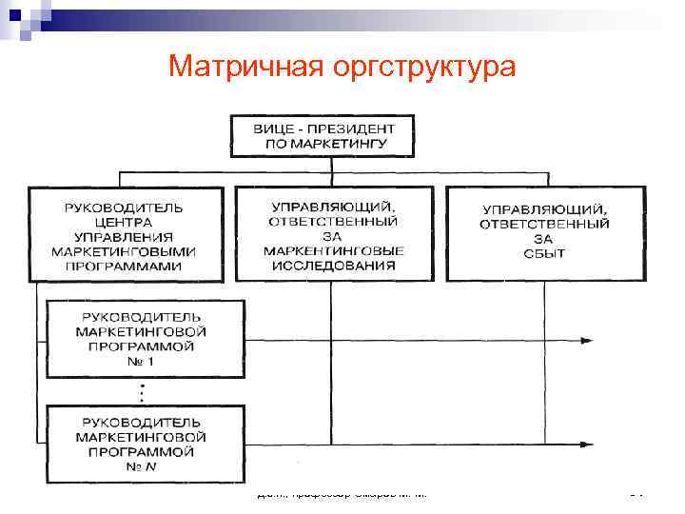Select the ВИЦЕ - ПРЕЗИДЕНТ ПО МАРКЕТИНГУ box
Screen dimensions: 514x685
point(324,135)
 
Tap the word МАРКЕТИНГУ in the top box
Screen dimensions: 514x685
point(324,145)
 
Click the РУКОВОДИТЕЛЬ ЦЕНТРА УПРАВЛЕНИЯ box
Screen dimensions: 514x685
point(125,234)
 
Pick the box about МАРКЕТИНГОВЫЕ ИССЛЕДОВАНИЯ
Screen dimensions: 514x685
point(333,234)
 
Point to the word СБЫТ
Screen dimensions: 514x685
point(545,253)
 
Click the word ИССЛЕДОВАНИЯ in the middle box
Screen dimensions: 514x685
point(333,266)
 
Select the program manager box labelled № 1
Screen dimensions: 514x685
point(141,339)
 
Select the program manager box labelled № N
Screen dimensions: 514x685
point(141,443)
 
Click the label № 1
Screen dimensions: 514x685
point(141,362)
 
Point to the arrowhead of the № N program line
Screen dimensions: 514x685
point(590,443)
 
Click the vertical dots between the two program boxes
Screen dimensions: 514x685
point(141,391)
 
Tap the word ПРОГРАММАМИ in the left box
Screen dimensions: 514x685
point(125,267)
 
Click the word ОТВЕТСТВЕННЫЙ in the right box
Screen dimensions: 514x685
point(545,225)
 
